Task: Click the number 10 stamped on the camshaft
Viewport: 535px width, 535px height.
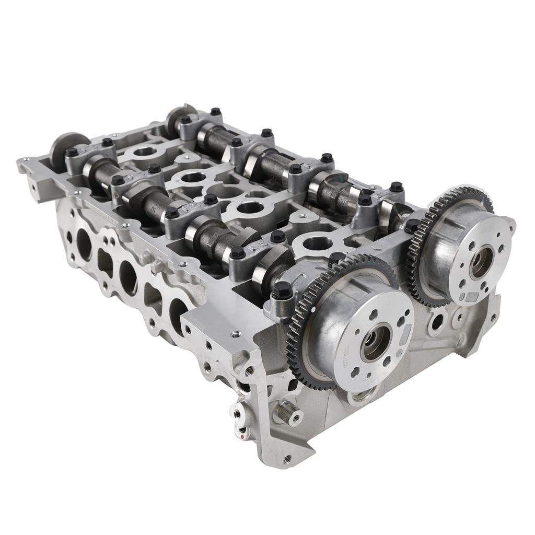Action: tap(154, 211)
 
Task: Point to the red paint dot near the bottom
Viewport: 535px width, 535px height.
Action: tap(241, 431)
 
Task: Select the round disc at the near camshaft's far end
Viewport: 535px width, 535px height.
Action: tap(62, 145)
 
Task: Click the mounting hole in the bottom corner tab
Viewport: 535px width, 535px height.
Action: tap(287, 459)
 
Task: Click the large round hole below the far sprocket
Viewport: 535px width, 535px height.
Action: tap(437, 322)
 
